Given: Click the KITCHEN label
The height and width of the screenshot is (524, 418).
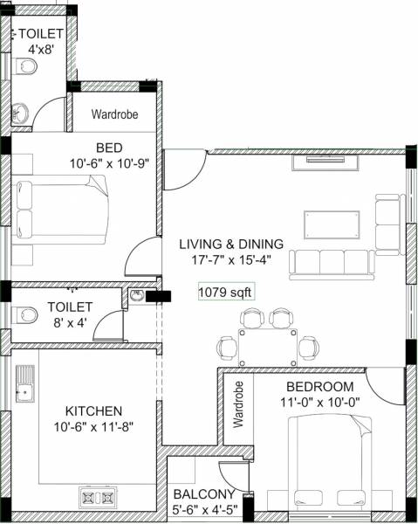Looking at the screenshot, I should [x=93, y=410].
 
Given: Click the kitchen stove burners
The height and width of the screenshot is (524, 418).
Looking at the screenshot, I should [x=97, y=498].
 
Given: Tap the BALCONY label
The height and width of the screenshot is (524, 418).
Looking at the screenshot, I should [x=202, y=493].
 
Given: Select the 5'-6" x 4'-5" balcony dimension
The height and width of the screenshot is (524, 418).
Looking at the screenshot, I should [x=202, y=509].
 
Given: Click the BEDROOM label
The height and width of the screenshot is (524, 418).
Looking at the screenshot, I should [x=319, y=387].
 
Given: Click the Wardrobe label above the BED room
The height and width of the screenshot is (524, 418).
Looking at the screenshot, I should [x=114, y=114].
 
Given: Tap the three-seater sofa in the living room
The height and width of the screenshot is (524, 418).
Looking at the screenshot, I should [x=332, y=261].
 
